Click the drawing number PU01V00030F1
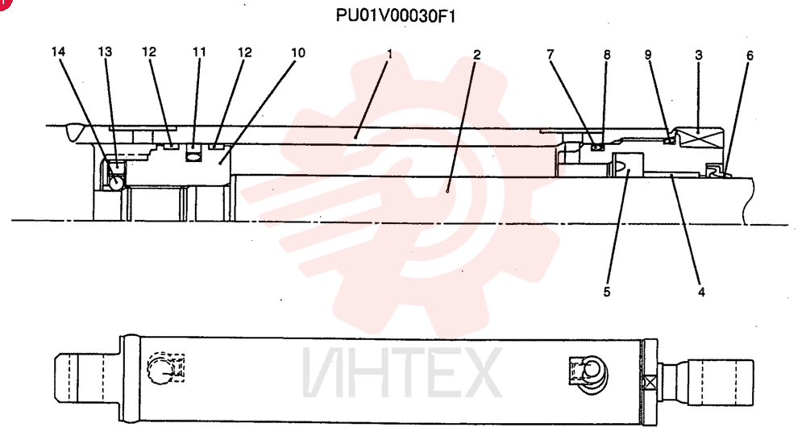pos(395,16)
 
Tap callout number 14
pos(58,52)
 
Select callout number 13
pos(105,52)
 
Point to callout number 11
pos(199,52)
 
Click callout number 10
pos(298,52)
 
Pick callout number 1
pos(389,53)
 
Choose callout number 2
pos(476,54)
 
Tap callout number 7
pos(550,54)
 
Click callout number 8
pos(607,55)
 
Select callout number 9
pos(648,55)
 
